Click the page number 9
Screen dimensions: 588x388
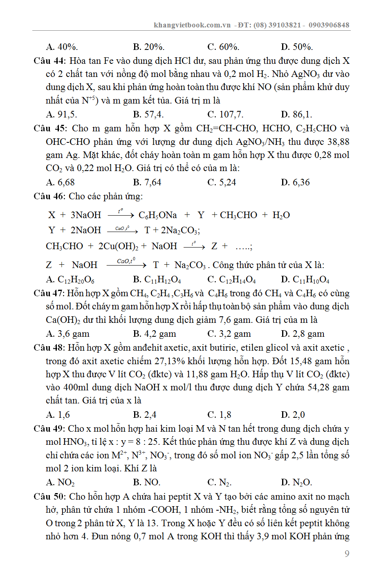pos(347,554)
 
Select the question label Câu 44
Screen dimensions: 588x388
pos(49,61)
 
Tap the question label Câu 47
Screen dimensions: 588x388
pos(49,293)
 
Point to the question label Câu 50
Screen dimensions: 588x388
pos(49,497)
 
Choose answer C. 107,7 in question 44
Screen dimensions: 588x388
pos(225,115)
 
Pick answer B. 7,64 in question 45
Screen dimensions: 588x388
pos(147,182)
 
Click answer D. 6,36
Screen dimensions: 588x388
pos(295,182)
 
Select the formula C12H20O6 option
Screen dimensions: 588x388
pos(70,279)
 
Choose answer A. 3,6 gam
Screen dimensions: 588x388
pos(68,334)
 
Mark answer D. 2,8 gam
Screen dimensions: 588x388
pos(303,334)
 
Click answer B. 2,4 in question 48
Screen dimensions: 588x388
pos(145,415)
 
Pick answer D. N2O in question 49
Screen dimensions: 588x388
pos(296,482)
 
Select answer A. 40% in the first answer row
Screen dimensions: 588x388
pos(62,47)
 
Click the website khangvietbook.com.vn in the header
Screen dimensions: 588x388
pos(192,25)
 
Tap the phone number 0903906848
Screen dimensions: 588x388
pos(329,25)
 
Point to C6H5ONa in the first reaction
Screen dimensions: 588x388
pos(158,215)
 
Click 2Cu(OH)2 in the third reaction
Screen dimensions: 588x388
pos(118,246)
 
